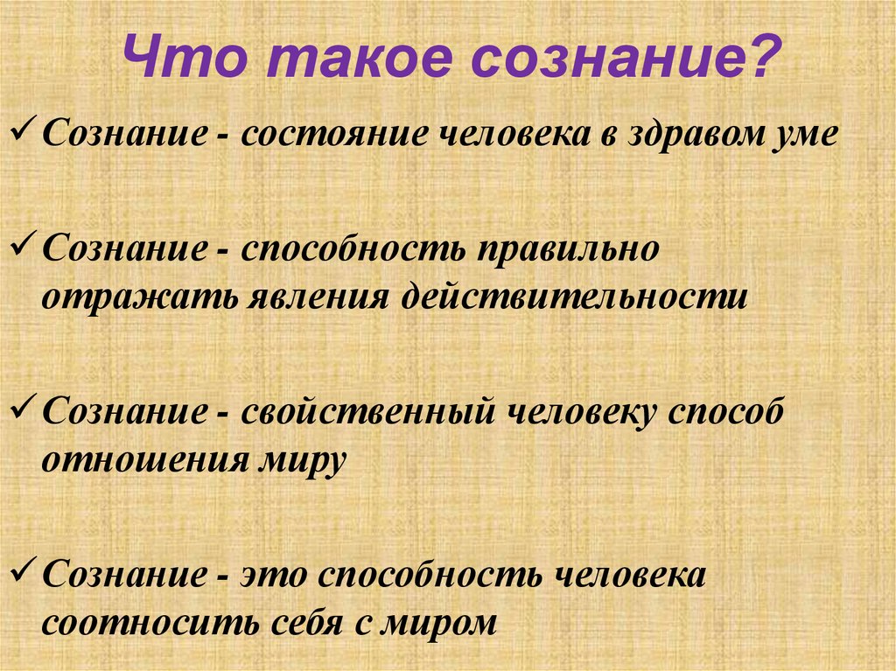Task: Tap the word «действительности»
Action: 575,297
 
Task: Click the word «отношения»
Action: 141,458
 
